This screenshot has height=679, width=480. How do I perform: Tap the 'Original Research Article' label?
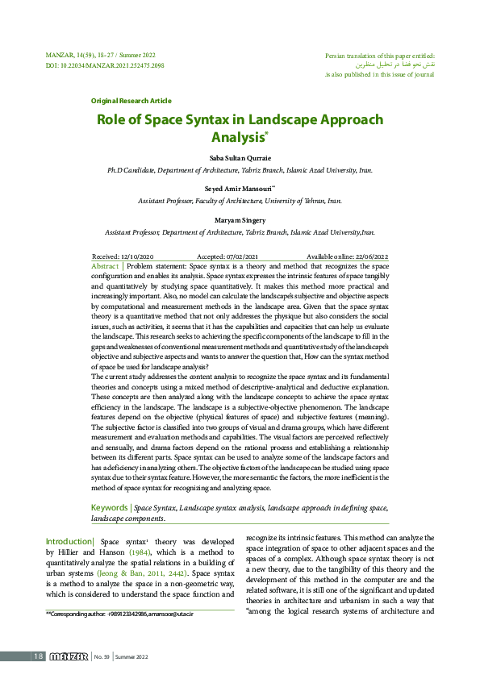[131, 101]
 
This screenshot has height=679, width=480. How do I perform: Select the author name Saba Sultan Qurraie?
[240, 158]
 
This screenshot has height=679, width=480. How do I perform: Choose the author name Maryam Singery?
[240, 219]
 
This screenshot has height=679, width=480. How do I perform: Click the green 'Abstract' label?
[106, 266]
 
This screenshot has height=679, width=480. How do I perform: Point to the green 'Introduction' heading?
[69, 540]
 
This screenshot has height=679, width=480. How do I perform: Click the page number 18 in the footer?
[37, 656]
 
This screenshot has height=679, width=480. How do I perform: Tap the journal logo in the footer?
[68, 656]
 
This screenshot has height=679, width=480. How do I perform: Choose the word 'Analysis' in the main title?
[237, 138]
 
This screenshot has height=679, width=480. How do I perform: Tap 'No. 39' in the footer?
[102, 656]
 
